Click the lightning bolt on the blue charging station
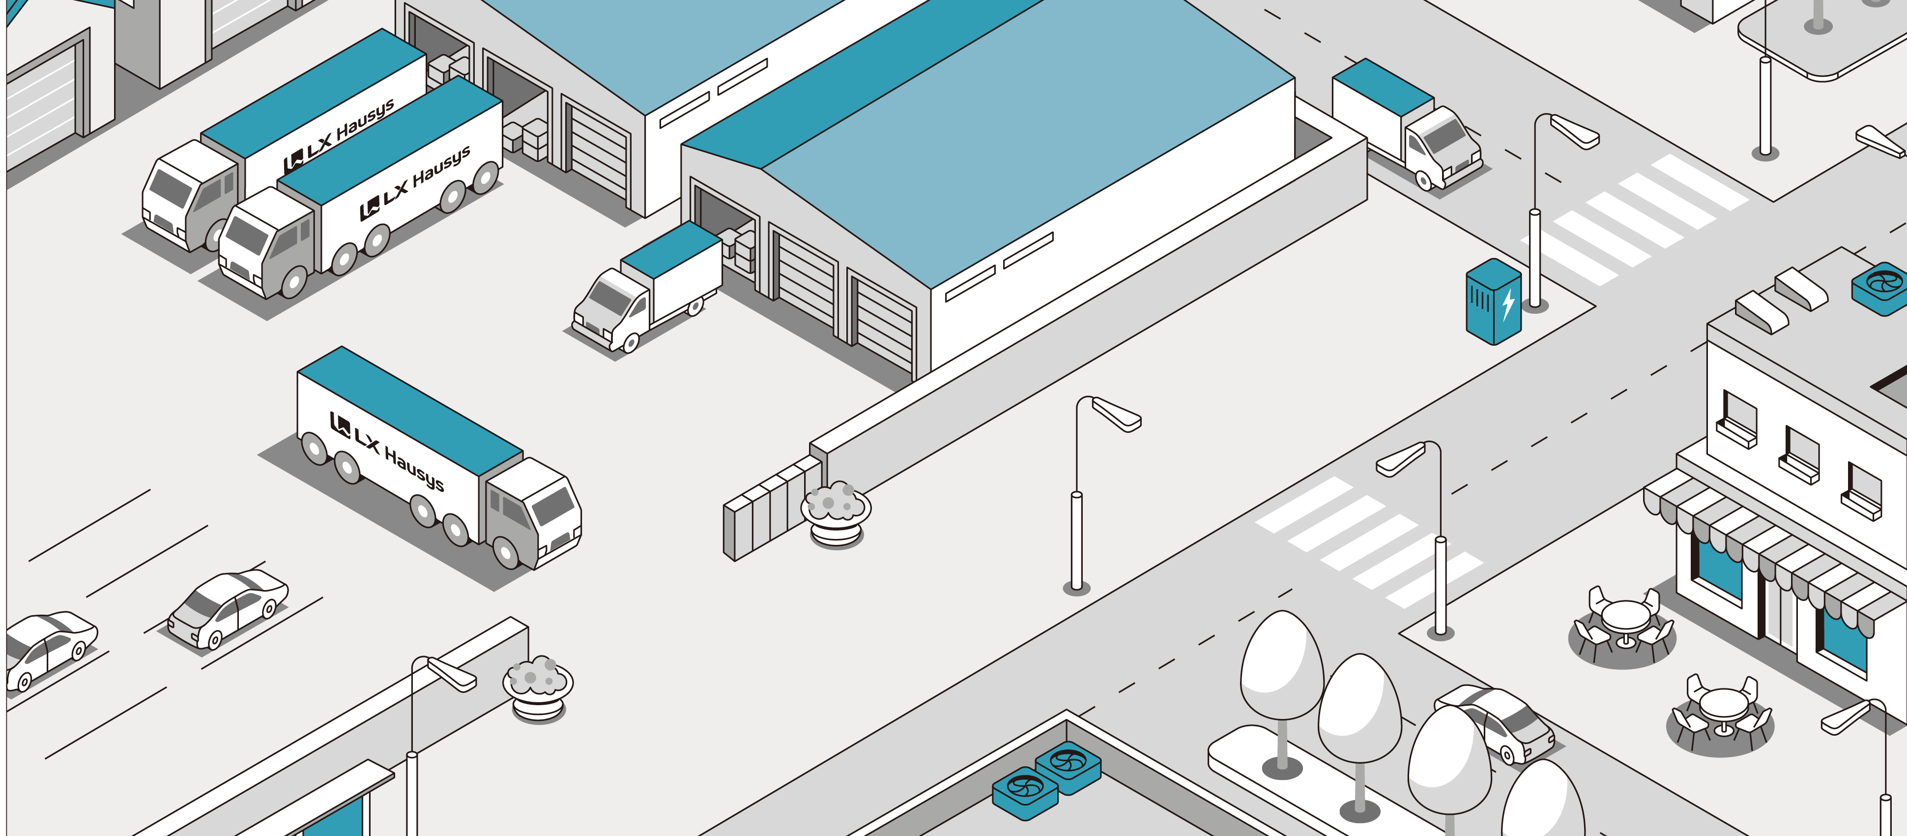click(x=1508, y=303)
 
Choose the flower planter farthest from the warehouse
click(x=538, y=688)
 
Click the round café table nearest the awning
click(x=1625, y=623)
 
